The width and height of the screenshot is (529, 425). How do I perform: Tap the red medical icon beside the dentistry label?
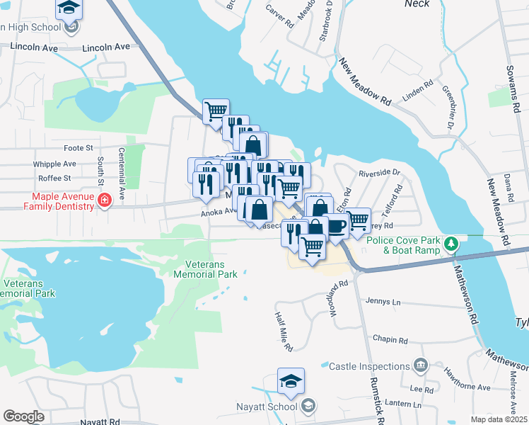[x=104, y=201]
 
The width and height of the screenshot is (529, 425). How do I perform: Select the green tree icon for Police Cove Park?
[x=450, y=244]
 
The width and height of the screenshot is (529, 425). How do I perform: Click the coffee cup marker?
[x=336, y=226]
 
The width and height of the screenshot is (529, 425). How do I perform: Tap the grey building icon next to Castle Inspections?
[x=421, y=365]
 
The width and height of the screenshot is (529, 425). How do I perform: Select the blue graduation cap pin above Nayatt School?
[x=291, y=381]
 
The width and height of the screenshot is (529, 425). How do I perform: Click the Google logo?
[x=23, y=416]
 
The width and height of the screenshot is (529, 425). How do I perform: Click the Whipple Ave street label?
[x=54, y=164]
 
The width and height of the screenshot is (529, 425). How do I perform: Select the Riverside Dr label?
[x=380, y=172]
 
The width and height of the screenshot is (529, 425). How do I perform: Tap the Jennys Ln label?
[x=383, y=302]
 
